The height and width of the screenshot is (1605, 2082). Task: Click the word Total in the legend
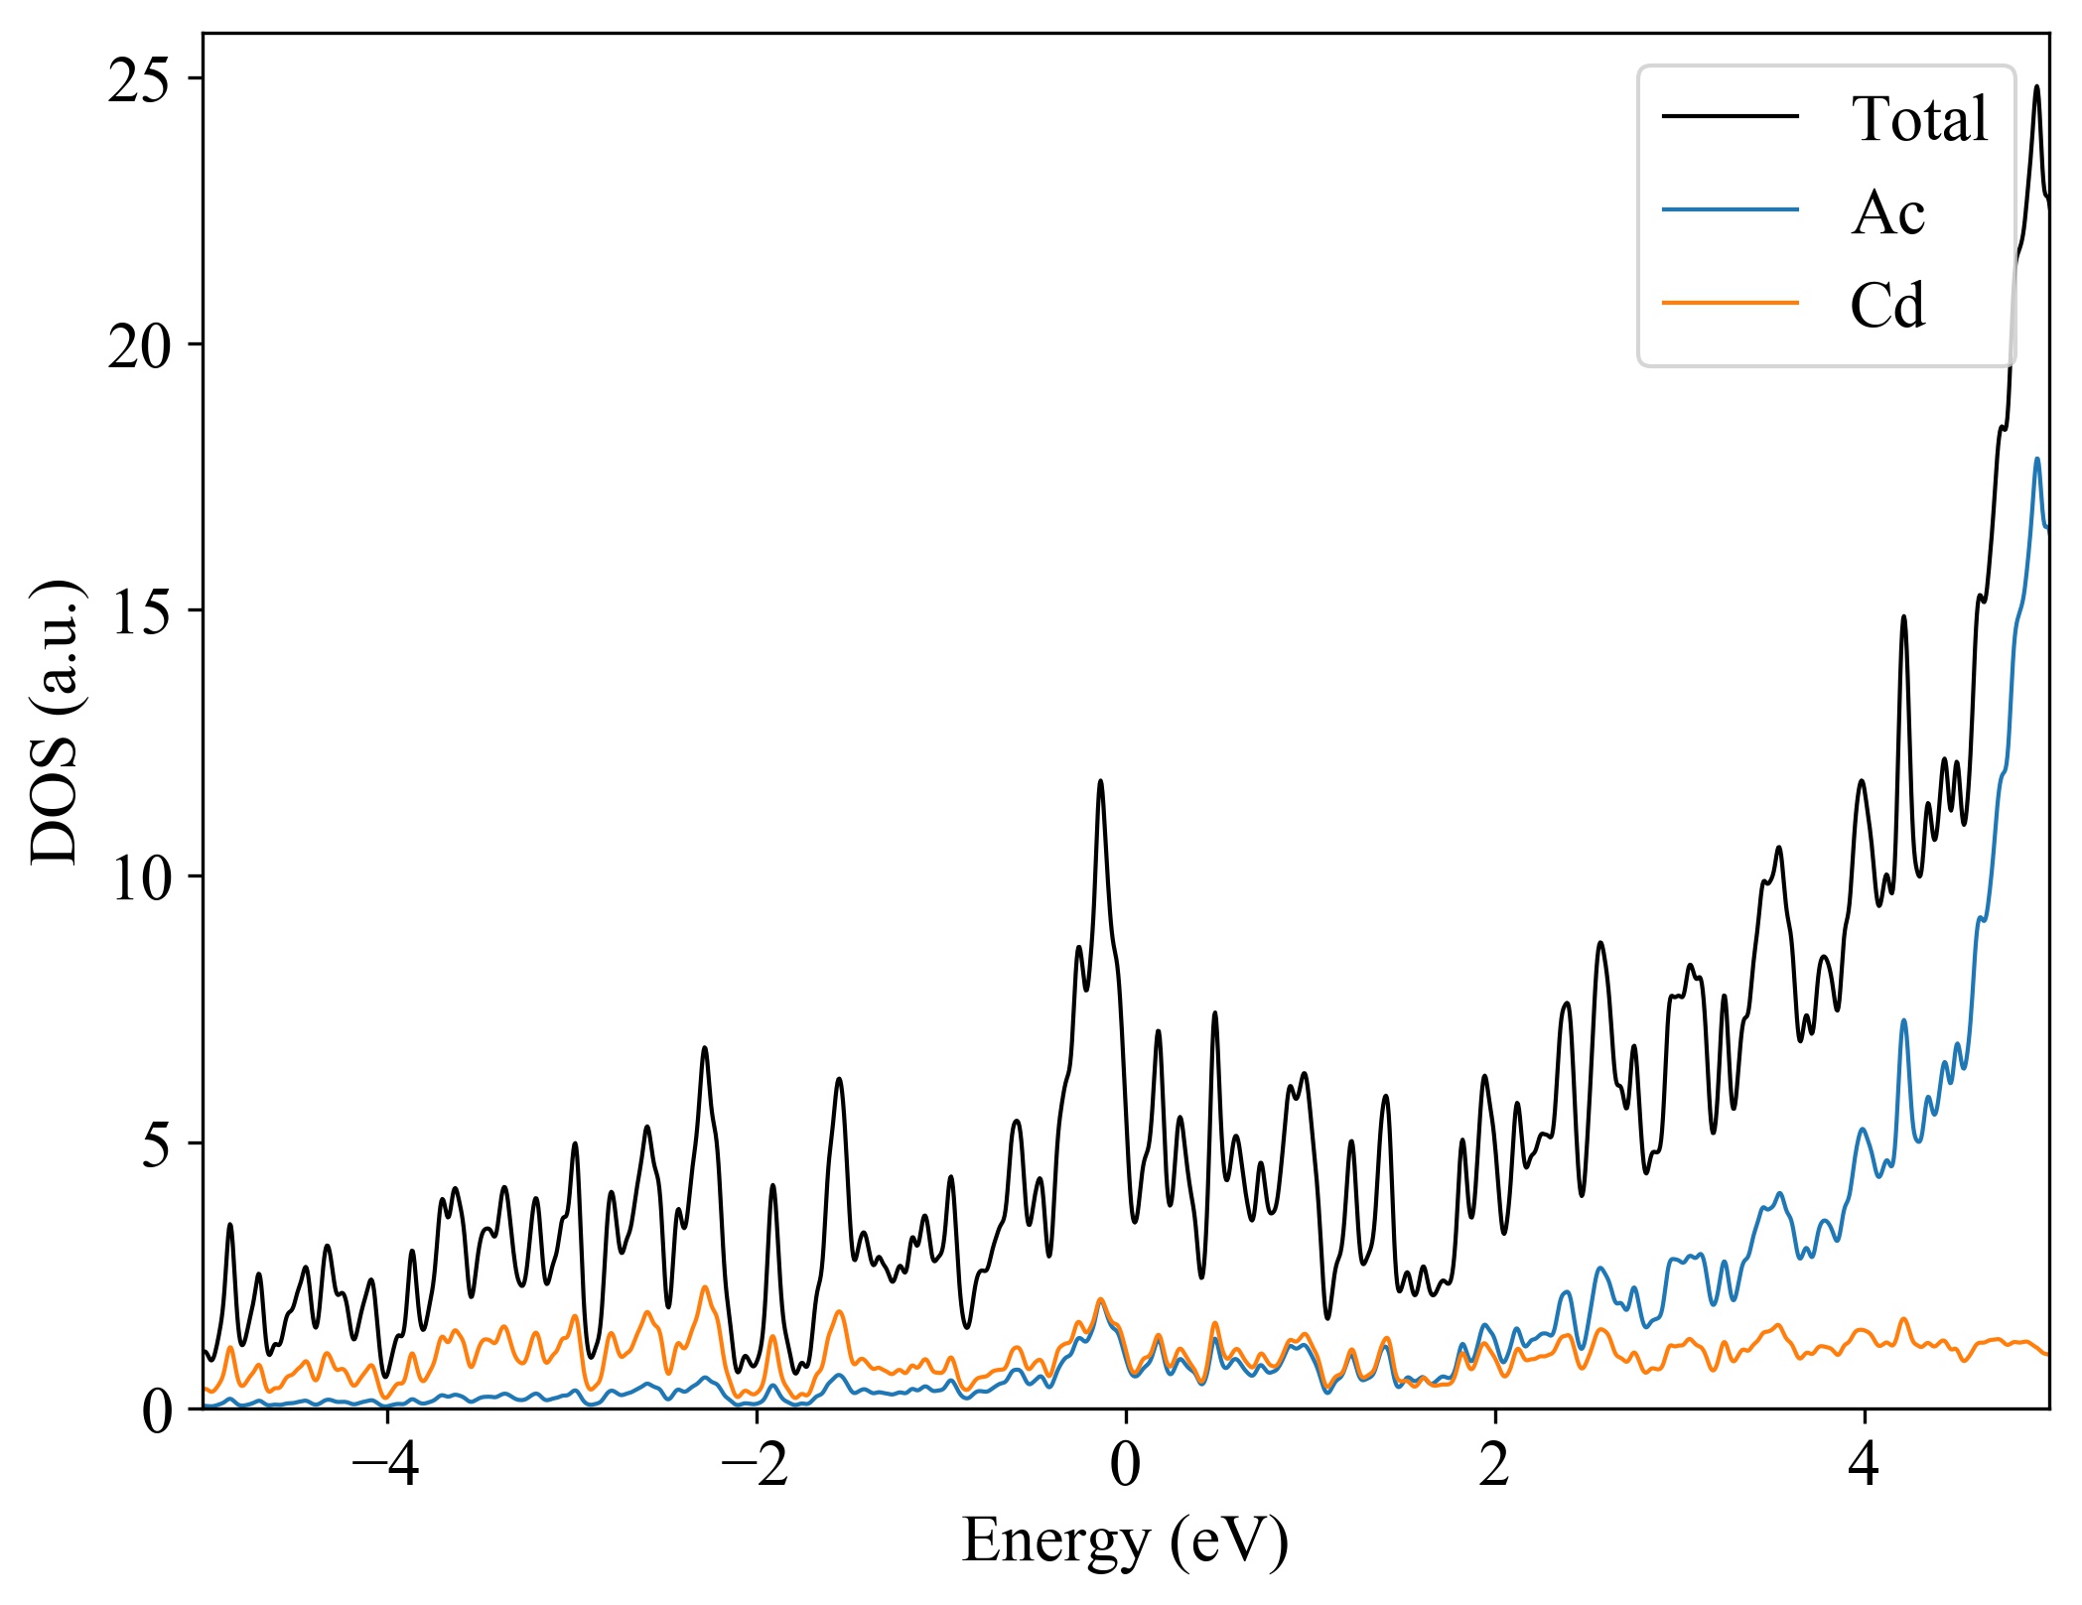point(1919,119)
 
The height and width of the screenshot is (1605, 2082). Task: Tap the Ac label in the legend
point(1887,212)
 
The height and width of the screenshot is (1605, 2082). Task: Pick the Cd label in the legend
point(1887,306)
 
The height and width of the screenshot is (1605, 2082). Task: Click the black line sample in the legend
point(1731,117)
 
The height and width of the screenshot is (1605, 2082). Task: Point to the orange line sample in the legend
point(1731,302)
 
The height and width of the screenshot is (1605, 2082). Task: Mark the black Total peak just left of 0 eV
point(1100,782)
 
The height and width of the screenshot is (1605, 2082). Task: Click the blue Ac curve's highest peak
point(2036,460)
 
